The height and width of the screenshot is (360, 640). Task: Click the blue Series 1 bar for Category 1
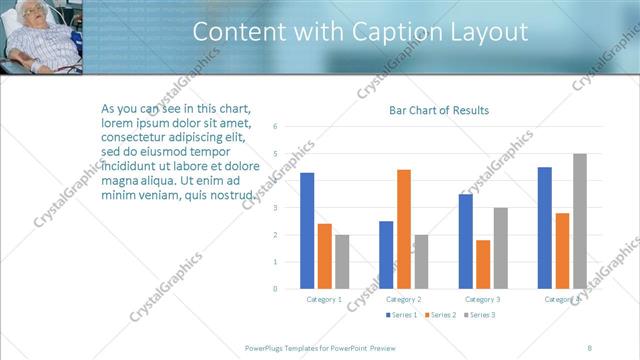point(307,231)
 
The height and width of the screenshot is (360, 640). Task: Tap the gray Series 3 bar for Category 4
point(579,221)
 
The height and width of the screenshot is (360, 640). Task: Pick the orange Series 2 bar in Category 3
point(483,265)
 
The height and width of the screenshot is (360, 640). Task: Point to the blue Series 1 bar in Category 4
point(545,228)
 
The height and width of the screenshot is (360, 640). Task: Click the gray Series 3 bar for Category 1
point(342,262)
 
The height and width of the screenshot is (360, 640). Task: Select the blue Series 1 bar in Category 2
point(386,255)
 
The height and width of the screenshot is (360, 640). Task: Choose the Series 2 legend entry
point(441,315)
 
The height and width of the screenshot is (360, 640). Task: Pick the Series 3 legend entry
point(479,315)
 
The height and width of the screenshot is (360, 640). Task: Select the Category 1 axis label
point(323,299)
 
